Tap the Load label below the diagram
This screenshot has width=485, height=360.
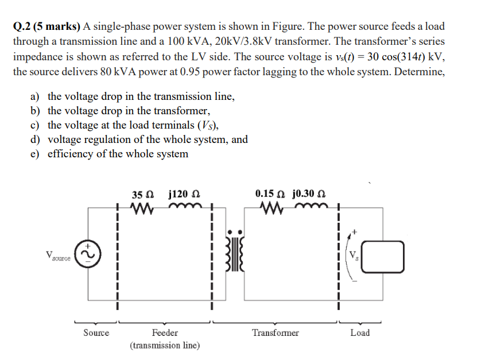(360, 332)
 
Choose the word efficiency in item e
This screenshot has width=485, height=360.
(69, 154)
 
